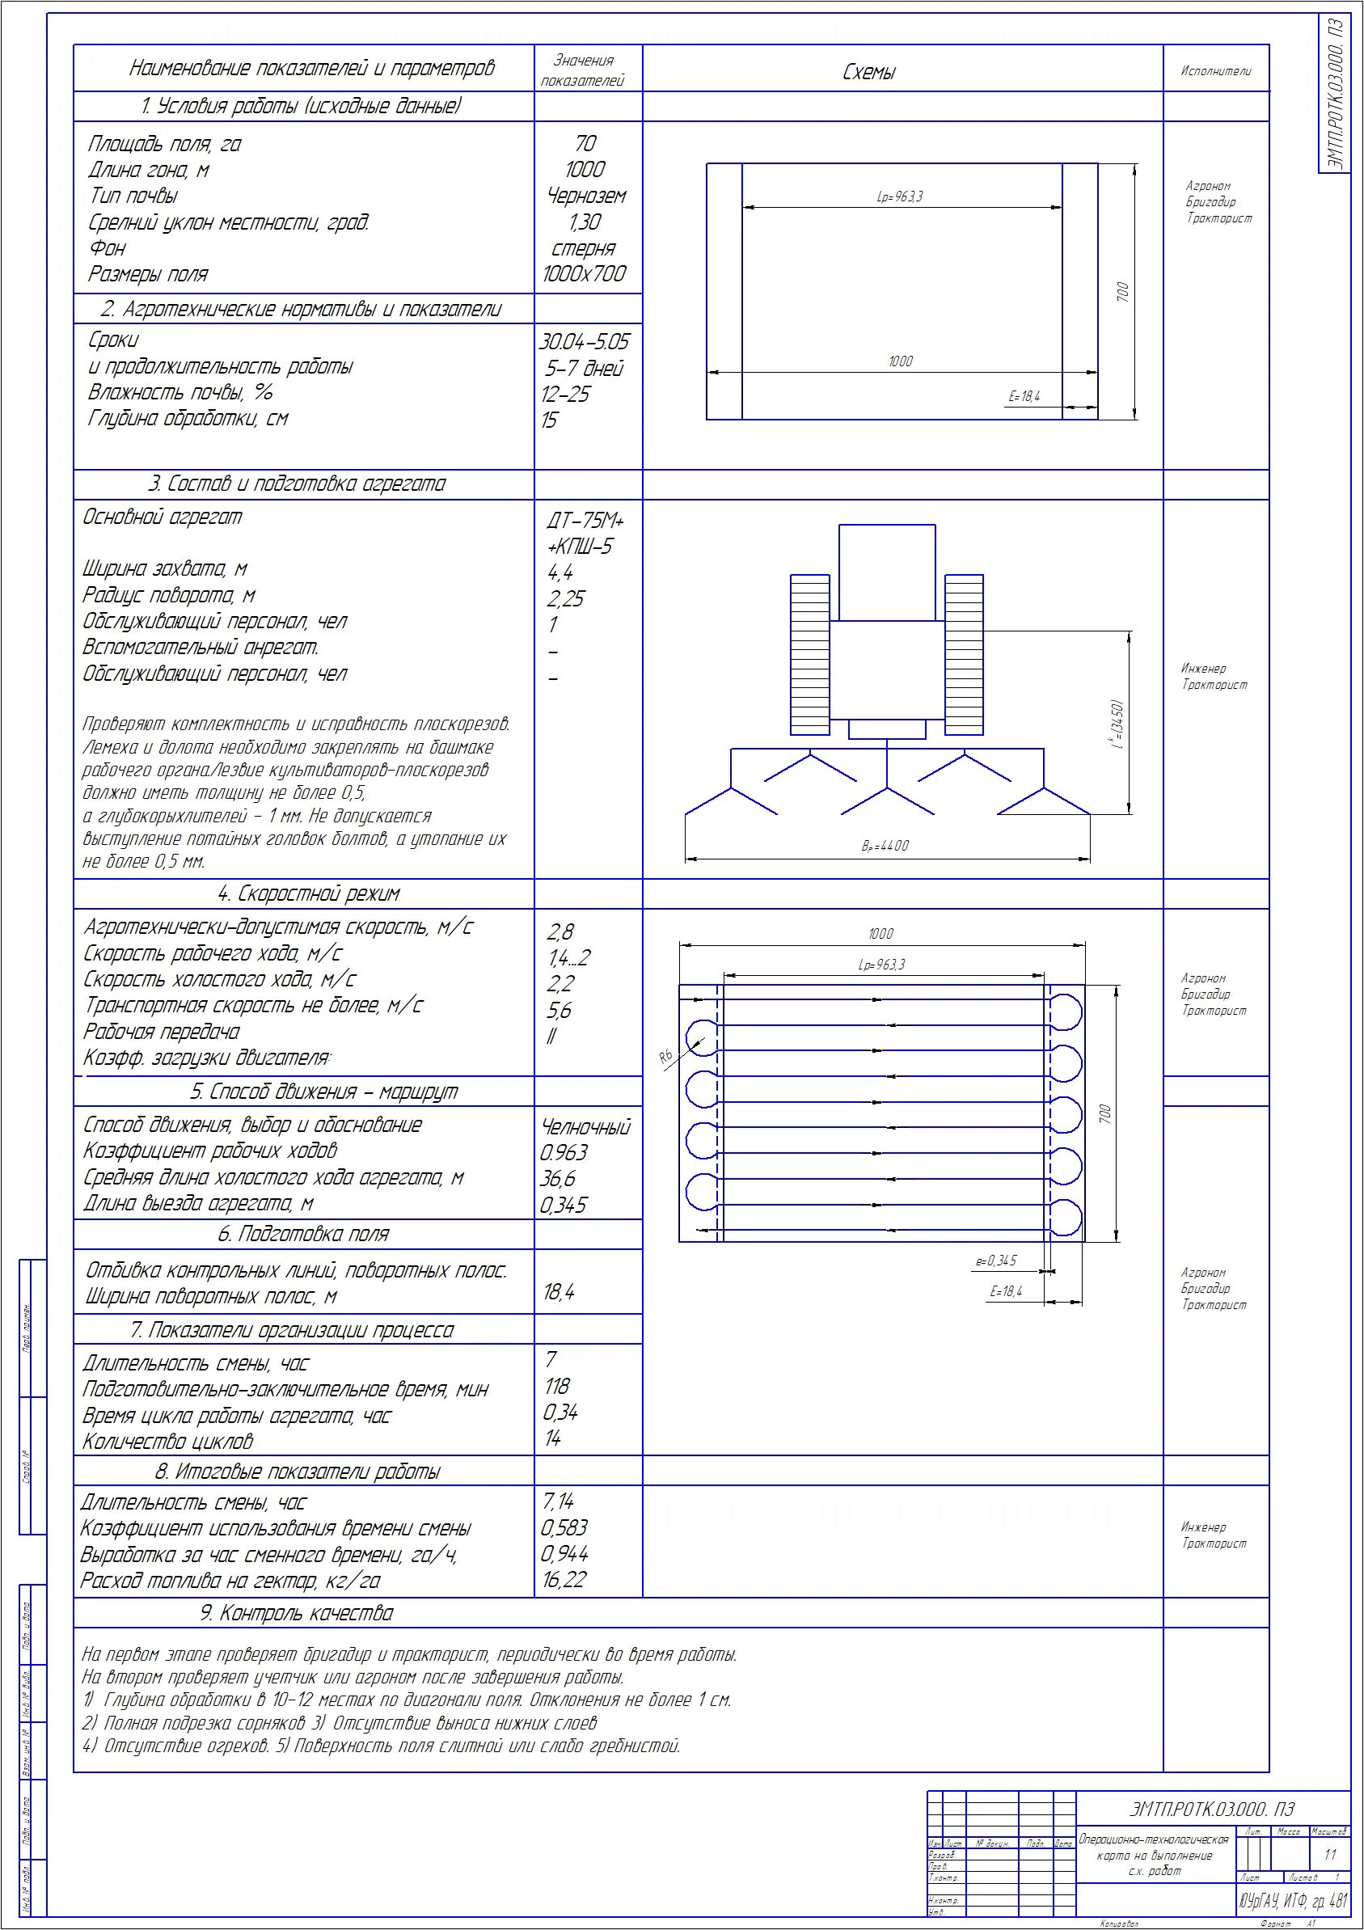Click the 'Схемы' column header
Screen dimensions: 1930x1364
869,72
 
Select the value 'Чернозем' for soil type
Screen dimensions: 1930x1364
585,196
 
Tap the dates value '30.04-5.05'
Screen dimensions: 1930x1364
583,341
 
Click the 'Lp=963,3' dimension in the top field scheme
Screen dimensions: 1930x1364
899,196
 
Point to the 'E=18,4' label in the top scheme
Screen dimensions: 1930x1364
1024,396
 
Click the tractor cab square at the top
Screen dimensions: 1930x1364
887,572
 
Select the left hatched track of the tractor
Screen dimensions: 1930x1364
809,654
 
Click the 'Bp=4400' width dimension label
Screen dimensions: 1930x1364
885,846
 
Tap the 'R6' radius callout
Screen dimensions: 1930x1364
666,1057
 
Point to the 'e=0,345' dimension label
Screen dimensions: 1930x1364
996,1260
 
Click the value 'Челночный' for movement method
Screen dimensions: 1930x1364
585,1126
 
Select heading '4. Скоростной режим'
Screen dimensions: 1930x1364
308,893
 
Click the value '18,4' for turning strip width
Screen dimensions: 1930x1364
558,1292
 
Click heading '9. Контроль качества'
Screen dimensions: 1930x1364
297,1613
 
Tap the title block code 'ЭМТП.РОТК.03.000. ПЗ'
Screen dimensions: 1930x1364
1211,1808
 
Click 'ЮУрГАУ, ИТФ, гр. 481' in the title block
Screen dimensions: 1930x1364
1293,1901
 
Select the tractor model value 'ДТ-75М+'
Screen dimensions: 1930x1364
585,521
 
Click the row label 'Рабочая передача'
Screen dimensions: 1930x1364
162,1032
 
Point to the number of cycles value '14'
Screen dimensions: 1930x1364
552,1438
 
